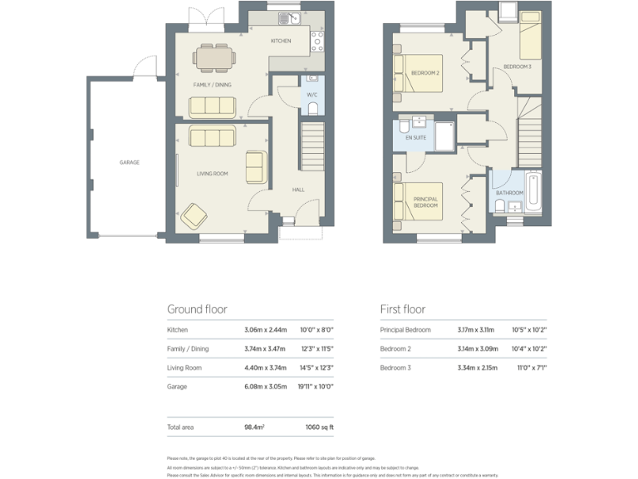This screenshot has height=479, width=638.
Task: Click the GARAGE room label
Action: pos(130,163)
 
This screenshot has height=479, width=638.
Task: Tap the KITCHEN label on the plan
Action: pos(281,41)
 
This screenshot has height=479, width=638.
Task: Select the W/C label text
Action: pos(312,95)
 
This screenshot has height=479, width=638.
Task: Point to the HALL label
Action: pos(297,190)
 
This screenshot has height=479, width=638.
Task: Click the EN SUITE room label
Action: pos(415,137)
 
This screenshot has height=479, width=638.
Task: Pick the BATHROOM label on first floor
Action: pos(509,193)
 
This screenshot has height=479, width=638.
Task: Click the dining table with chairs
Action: pos(215,57)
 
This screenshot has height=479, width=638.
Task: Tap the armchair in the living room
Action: pos(195,215)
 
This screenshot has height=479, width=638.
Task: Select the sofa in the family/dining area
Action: pos(213,106)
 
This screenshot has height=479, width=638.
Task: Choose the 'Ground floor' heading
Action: pos(197,309)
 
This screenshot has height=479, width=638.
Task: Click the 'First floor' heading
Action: pos(403,309)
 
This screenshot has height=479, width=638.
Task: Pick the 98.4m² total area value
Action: pos(255,427)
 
